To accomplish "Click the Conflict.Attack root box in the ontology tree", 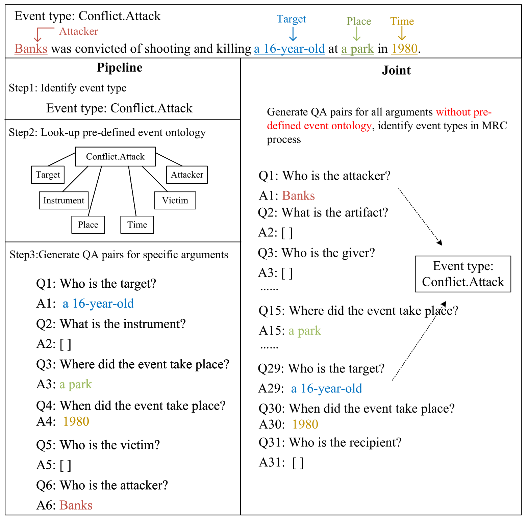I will (x=115, y=157).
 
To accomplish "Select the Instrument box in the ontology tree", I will (x=64, y=201).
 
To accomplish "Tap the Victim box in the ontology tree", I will (x=175, y=201).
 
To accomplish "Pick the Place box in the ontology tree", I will (x=88, y=225).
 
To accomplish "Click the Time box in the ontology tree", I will (x=137, y=225).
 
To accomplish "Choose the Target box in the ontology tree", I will (x=48, y=175).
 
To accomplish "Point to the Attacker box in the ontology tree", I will (x=187, y=175).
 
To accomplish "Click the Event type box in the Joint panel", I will (x=463, y=274).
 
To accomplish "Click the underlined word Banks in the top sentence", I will (x=31, y=49).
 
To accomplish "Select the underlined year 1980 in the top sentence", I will (x=404, y=49).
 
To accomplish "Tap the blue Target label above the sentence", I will (x=291, y=19).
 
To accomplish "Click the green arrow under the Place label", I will (x=357, y=34).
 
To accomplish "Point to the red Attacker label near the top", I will (x=78, y=31).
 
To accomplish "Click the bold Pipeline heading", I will (x=120, y=68).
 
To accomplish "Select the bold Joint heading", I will (x=396, y=70).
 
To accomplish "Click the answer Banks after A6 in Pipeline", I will (x=76, y=505).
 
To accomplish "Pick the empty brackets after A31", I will (x=298, y=463).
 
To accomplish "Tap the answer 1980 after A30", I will (x=305, y=424).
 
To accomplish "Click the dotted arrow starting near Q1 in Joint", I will (x=420, y=216).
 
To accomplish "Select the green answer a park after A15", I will (x=305, y=331).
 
